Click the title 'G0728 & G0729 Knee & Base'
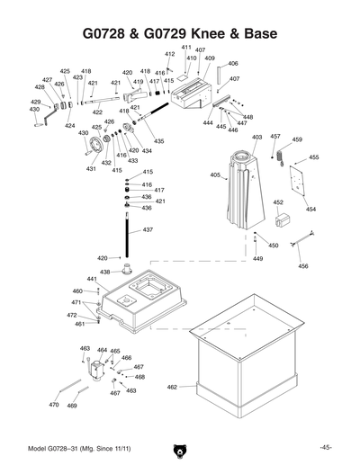(179, 33)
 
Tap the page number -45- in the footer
(325, 447)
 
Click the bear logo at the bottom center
(179, 449)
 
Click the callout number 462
(172, 388)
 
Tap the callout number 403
(256, 138)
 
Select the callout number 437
(148, 230)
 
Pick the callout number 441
(92, 280)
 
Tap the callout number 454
(310, 209)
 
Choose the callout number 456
(303, 266)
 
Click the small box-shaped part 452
(283, 220)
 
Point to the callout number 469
(72, 406)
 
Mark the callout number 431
(91, 168)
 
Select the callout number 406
(232, 64)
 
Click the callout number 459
(297, 140)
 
